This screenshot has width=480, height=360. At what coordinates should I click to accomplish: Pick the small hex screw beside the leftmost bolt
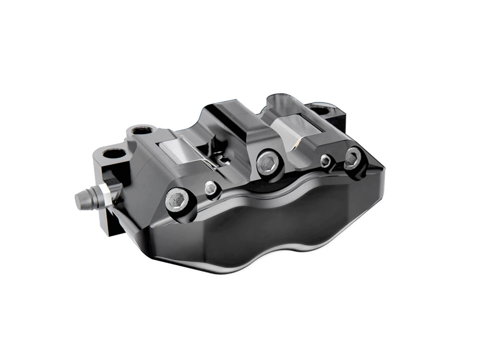[210, 188]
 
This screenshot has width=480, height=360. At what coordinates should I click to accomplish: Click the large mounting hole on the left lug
[114, 155]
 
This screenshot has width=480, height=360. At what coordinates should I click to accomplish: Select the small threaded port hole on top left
[141, 130]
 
